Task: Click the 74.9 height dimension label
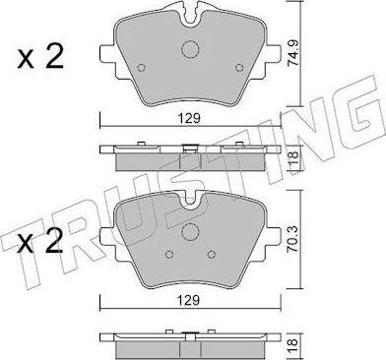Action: click(x=292, y=54)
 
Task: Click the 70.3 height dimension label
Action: click(x=292, y=240)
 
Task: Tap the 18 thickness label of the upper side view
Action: click(x=292, y=158)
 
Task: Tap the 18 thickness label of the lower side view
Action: click(x=292, y=343)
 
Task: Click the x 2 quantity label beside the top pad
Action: click(x=40, y=57)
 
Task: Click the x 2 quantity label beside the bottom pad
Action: click(x=40, y=242)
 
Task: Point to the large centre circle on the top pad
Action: click(x=190, y=49)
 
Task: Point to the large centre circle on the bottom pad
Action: click(x=190, y=231)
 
